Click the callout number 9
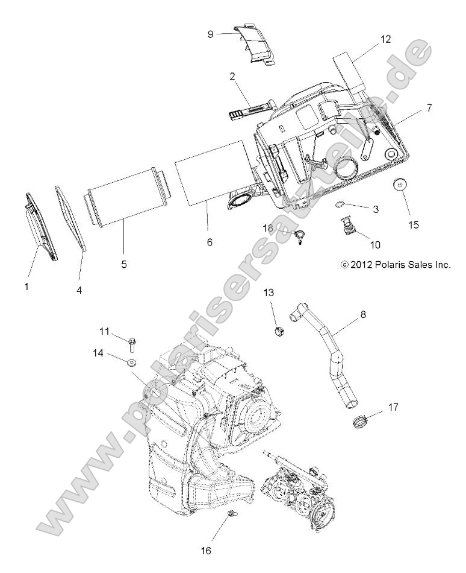[x=210, y=34]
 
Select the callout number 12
[x=385, y=39]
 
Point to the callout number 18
[x=268, y=227]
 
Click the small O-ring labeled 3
[x=340, y=204]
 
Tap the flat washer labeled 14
[x=131, y=362]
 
